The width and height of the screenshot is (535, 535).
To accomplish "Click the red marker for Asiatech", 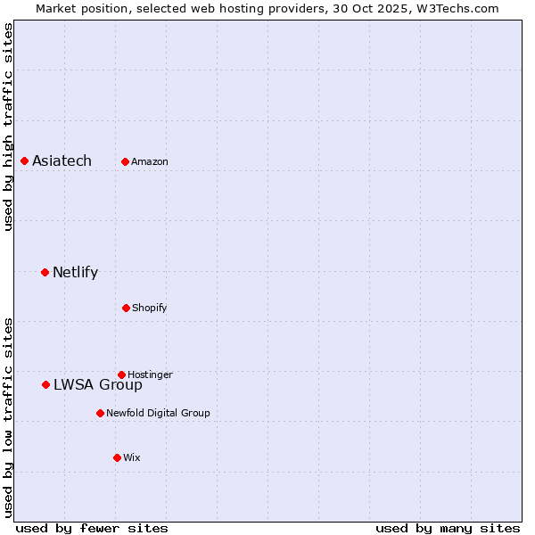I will click(25, 160).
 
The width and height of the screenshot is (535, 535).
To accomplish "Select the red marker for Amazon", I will click(125, 161).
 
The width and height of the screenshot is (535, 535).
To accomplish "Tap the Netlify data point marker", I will click(45, 272).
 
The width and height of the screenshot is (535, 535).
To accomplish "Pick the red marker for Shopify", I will click(126, 308).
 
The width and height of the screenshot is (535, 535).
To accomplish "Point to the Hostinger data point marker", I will click(121, 374).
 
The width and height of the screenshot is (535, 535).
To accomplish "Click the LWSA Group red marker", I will click(45, 384).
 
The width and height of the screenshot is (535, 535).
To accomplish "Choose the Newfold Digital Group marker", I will click(100, 413).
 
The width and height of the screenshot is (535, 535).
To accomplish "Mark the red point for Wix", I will click(117, 457).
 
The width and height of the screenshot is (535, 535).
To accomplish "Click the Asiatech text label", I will click(62, 160).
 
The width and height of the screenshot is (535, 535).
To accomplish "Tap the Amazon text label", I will click(150, 161).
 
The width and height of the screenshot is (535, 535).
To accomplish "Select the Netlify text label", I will click(75, 272).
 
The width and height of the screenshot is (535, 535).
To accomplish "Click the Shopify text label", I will click(150, 308).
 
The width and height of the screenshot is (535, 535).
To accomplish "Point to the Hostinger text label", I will click(150, 374).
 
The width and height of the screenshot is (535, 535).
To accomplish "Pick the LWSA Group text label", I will click(98, 384).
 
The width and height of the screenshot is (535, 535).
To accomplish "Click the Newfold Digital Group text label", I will click(158, 413).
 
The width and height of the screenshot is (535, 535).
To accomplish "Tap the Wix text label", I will click(132, 457).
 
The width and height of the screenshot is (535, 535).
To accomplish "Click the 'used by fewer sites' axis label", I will click(92, 528).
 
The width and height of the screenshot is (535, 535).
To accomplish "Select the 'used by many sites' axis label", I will click(448, 528).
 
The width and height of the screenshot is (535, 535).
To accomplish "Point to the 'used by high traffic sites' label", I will click(8, 127).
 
